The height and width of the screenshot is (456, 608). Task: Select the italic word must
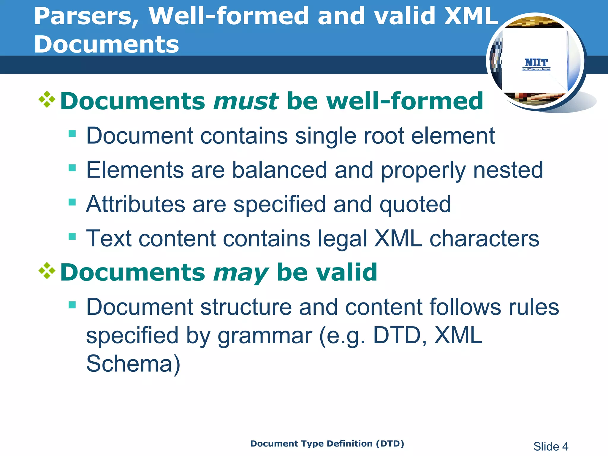[x=246, y=101]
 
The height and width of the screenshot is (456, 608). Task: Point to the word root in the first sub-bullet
[x=383, y=136]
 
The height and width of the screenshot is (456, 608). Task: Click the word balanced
[x=279, y=170]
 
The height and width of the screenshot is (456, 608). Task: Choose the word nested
[x=508, y=170]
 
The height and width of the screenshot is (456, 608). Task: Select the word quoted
[x=415, y=205]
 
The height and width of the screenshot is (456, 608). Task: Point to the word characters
[x=484, y=239]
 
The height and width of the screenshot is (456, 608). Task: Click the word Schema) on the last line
[x=133, y=364]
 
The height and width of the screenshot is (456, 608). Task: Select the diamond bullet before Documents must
[x=47, y=99]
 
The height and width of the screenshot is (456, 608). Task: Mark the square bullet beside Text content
[x=72, y=236]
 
